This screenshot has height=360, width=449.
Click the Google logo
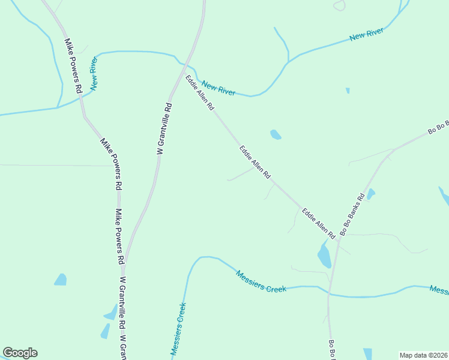20,353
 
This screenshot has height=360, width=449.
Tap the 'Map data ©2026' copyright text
423,355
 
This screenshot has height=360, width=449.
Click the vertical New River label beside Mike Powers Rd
94,74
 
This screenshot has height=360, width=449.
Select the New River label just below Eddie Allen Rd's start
218,88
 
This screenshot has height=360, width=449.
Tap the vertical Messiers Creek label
178,329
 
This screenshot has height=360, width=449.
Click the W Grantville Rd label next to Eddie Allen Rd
164,129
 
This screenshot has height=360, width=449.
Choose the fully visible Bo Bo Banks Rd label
352,214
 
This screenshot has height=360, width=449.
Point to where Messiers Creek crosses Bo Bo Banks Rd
329,293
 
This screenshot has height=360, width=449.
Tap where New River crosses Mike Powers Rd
81,98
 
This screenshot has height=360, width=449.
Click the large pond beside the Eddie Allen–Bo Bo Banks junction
324,256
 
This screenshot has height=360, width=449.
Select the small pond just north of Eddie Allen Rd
276,134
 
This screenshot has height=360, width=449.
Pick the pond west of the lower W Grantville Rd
61,279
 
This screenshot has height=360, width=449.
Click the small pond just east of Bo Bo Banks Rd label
371,194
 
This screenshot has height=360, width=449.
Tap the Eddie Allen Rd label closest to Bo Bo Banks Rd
318,221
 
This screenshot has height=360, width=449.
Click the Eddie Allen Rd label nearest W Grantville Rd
199,93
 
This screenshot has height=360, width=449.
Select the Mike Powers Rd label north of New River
73,65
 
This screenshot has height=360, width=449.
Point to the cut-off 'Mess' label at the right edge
439,290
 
